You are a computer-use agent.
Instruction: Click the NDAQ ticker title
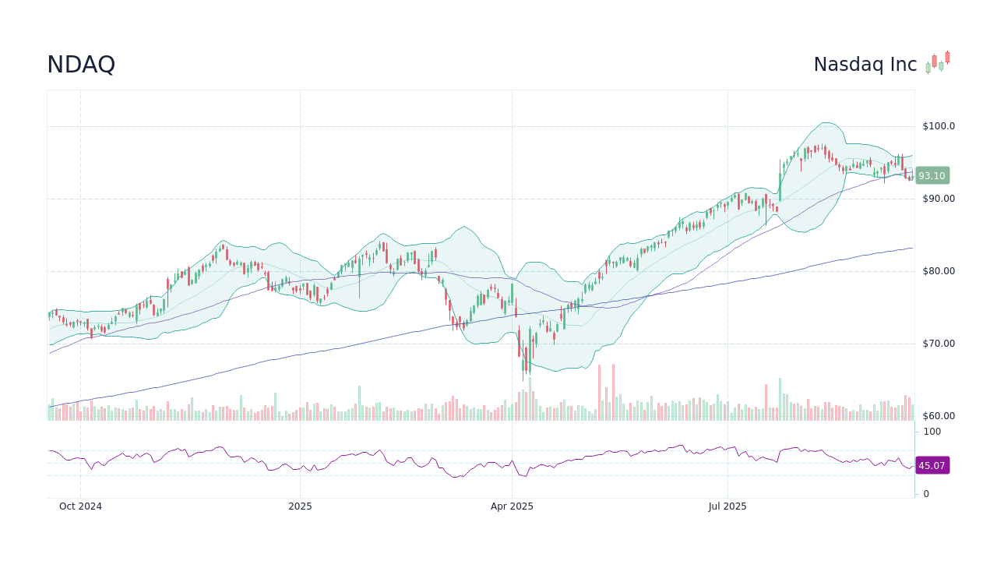(x=81, y=65)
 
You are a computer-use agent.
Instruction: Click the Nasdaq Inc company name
(x=865, y=65)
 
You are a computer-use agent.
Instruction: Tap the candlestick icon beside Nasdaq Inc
(x=938, y=62)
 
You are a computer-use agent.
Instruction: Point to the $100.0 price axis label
(x=938, y=126)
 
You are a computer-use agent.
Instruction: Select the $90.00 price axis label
(x=938, y=199)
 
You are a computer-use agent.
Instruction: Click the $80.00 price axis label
(x=938, y=271)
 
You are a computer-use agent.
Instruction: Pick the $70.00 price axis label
(x=938, y=344)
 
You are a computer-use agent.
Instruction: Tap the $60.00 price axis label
(x=938, y=416)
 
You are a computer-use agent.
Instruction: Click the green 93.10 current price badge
(x=932, y=176)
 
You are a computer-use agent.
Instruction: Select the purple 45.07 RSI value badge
(x=932, y=466)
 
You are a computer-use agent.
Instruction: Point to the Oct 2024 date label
(x=80, y=506)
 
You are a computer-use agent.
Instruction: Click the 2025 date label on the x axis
(x=300, y=506)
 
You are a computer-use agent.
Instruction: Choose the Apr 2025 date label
(x=512, y=506)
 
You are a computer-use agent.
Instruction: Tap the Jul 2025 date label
(x=727, y=506)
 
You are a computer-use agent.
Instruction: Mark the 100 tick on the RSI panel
(x=932, y=432)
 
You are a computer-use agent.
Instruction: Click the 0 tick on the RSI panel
(x=926, y=494)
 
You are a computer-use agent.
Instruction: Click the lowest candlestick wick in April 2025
(x=523, y=379)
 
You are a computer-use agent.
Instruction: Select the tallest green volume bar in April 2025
(x=530, y=397)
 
